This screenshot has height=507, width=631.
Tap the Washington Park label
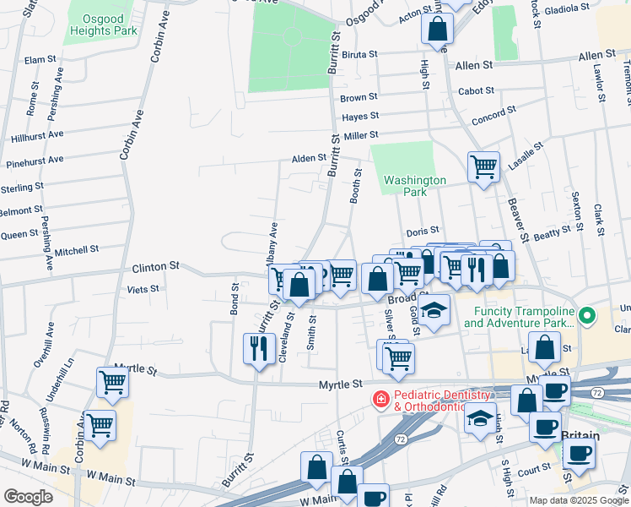pos(414,186)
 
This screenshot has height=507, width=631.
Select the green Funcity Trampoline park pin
pos(589,316)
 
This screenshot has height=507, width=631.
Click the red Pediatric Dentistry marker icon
pos(381,400)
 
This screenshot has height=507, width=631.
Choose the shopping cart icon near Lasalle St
pos(483,166)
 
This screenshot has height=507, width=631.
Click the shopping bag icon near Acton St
pos(438,30)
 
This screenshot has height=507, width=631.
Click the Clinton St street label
pos(156,265)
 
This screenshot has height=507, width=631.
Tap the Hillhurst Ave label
pos(36,135)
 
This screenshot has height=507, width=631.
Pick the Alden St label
pos(308,158)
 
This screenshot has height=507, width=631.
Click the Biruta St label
pos(359,54)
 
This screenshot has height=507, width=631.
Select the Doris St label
pos(423,230)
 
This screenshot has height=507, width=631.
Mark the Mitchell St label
pos(77,250)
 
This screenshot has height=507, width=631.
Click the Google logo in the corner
pos(28,497)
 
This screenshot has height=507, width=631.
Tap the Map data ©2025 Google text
pos(579,499)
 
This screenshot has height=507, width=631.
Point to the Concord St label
pos(488,118)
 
